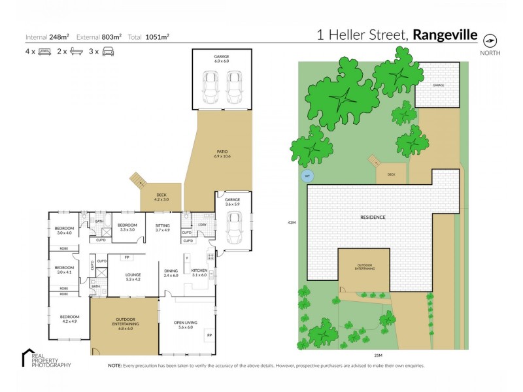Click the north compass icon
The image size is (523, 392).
coord(490,39)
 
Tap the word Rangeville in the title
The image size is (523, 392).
coord(445,35)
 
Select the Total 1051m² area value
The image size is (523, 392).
coord(157,37)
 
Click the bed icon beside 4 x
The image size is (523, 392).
coord(44,51)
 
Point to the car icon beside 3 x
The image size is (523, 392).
coord(109,51)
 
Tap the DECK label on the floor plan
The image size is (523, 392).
coord(161,195)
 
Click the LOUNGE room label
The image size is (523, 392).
coord(133,275)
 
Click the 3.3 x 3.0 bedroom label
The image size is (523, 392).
coord(127,227)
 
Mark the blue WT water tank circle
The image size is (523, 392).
coord(306,175)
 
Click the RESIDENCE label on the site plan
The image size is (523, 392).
coord(373,217)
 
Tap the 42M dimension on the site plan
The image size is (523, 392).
coord(292,223)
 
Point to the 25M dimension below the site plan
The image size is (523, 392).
coord(378,355)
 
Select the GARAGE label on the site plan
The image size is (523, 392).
coord(437,85)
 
